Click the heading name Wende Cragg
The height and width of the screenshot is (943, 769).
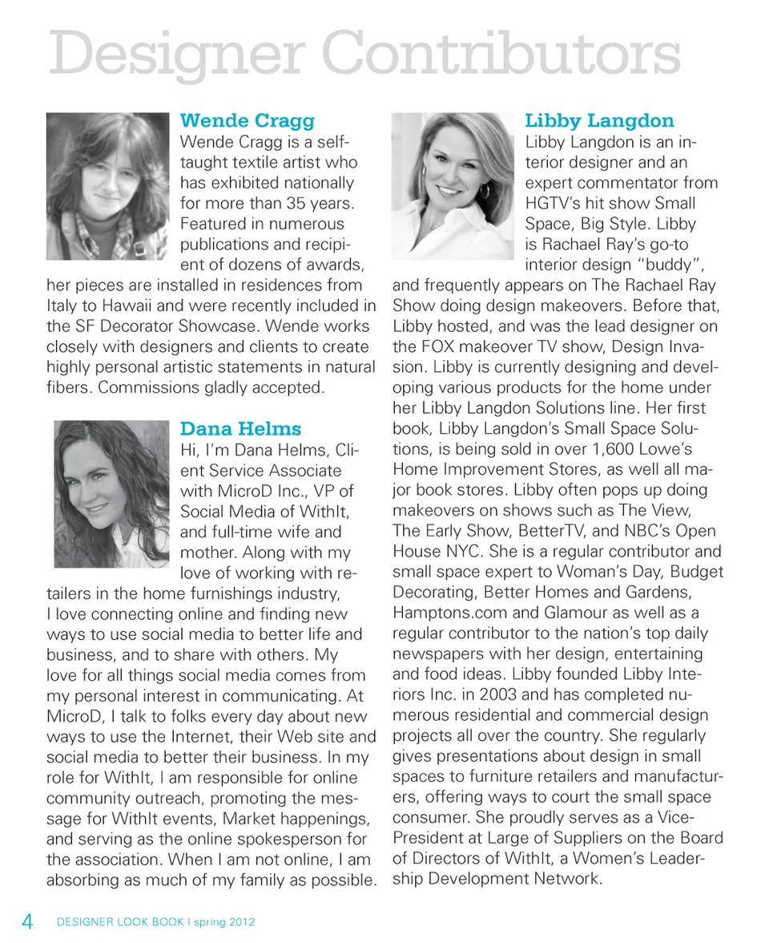tap(248, 121)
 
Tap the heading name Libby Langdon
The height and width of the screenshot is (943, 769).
tap(599, 121)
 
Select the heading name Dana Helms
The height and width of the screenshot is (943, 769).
tap(240, 429)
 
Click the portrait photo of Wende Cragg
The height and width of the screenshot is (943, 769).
tap(107, 185)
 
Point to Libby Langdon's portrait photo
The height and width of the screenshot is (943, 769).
tap(452, 185)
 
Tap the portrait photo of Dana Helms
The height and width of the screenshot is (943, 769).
tap(111, 494)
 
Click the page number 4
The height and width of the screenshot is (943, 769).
tap(27, 921)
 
